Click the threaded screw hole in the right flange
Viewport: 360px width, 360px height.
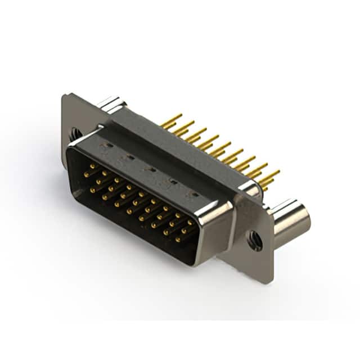click(x=254, y=240)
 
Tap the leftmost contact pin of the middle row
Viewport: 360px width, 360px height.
click(x=93, y=190)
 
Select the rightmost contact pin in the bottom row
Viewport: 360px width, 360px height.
click(x=178, y=239)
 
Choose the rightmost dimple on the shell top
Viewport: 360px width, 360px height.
click(x=194, y=194)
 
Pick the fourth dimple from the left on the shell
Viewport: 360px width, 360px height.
click(x=173, y=182)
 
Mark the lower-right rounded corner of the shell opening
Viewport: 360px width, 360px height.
click(x=194, y=260)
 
